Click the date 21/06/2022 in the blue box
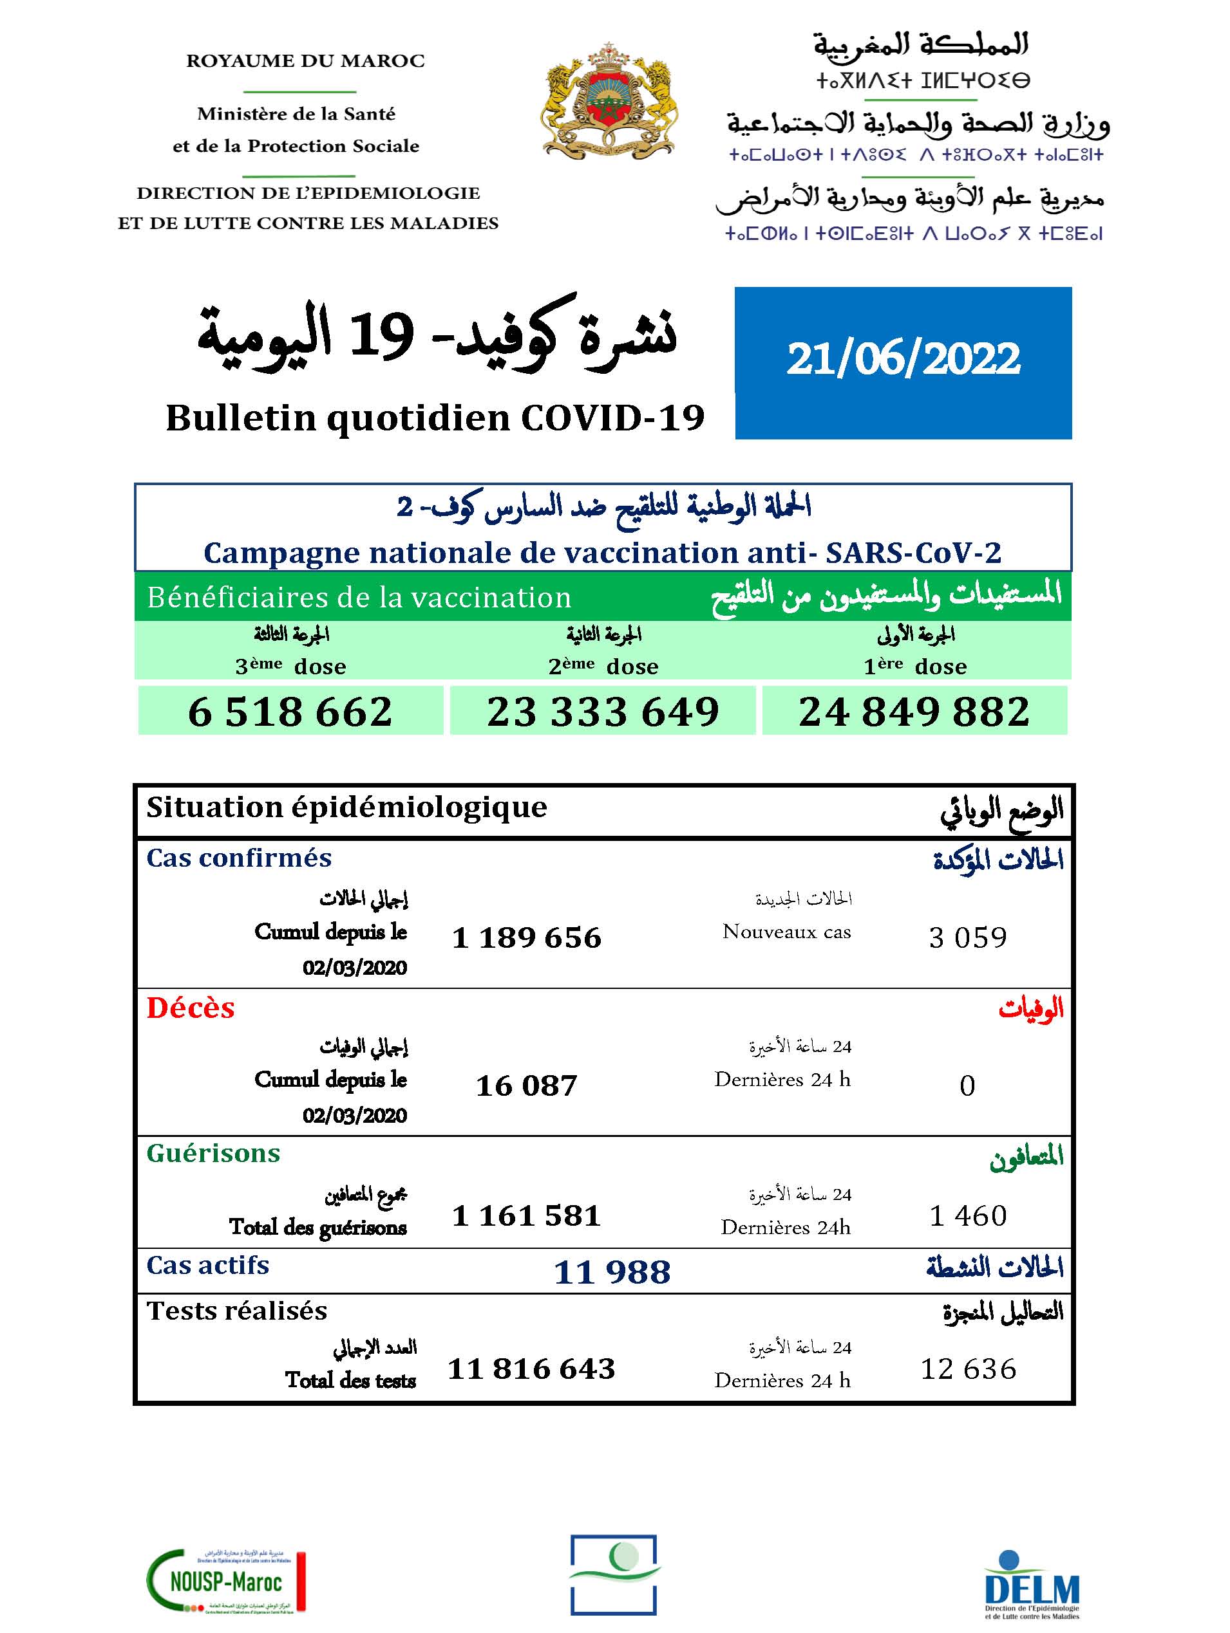point(903,360)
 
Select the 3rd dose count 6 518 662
point(290,712)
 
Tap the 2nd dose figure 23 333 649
point(603,712)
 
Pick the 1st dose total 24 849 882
point(914,712)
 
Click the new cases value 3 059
point(968,937)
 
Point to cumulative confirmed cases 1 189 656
point(527,937)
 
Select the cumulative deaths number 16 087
point(526,1085)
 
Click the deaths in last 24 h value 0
point(967,1085)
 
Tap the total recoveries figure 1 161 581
point(526,1215)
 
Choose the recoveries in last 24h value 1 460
point(968,1215)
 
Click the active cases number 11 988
point(612,1272)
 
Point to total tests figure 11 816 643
point(531,1369)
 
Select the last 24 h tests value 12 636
point(968,1369)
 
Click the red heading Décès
point(191,1008)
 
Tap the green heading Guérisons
point(214,1153)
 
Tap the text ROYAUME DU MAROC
point(305,60)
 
